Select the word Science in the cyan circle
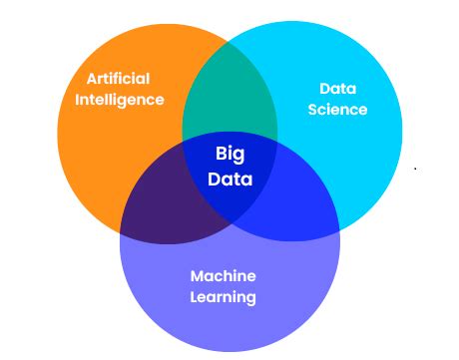[337, 109]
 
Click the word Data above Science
[337, 88]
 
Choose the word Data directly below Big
[230, 180]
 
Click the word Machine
[224, 276]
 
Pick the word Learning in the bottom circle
[224, 297]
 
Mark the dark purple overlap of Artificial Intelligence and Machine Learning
[165, 204]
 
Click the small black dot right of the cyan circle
[415, 170]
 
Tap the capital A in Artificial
[92, 79]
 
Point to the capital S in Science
[312, 109]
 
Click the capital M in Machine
[197, 276]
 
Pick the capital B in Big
[221, 155]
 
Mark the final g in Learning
[251, 299]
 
